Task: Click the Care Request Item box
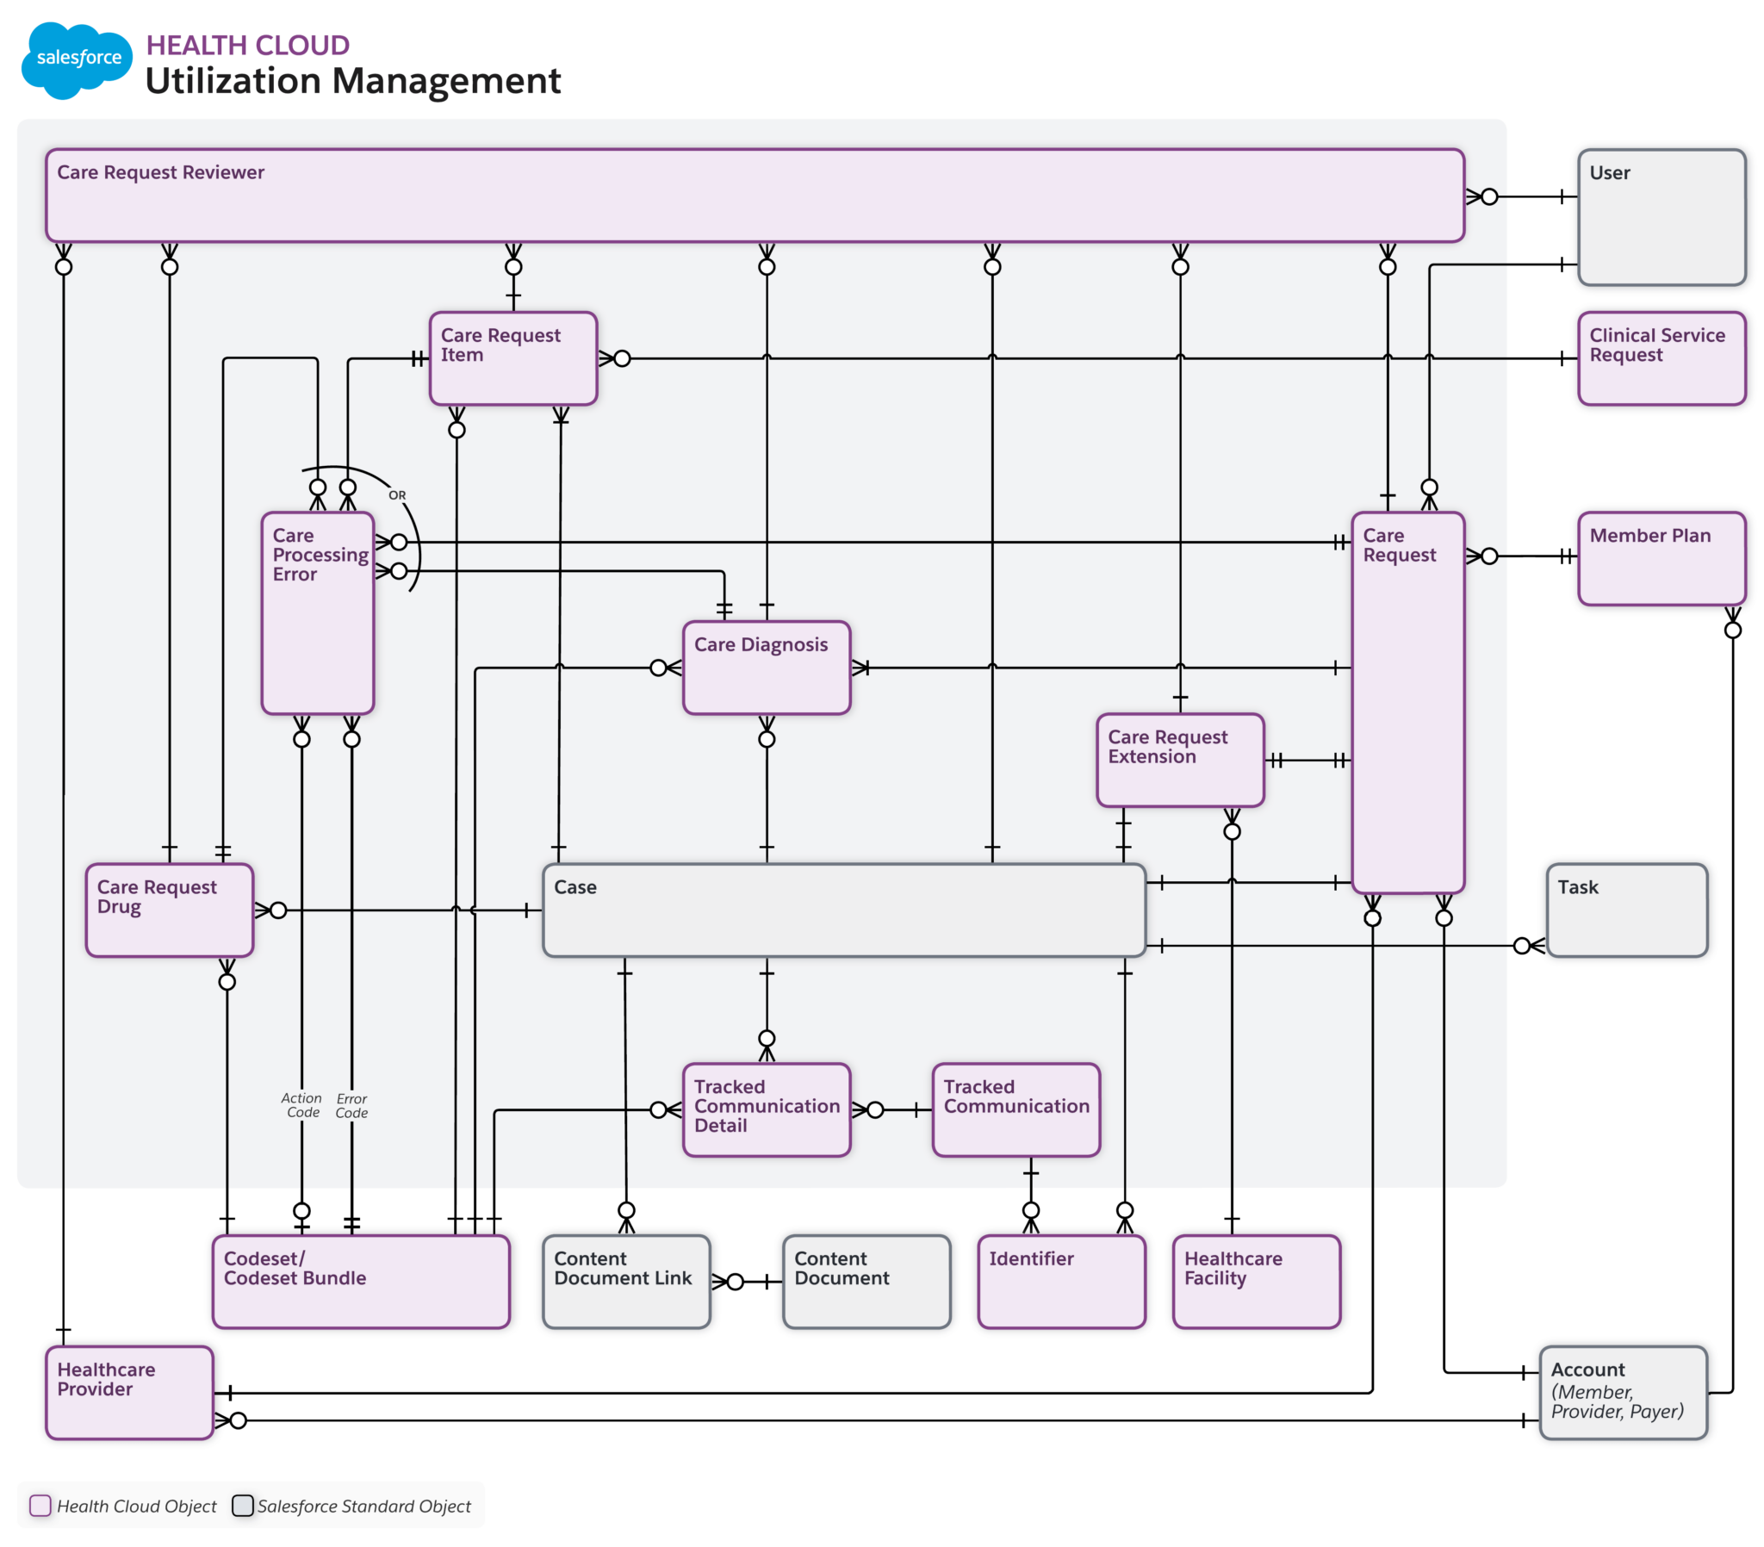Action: tap(512, 358)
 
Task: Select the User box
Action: tap(1661, 217)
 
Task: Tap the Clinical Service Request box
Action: tap(1661, 358)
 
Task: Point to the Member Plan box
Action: tap(1661, 557)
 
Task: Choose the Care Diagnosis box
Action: tap(766, 668)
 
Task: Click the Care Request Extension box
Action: tap(1179, 760)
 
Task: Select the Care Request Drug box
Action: tap(169, 910)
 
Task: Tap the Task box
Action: tap(1626, 910)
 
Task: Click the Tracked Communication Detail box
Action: tap(766, 1109)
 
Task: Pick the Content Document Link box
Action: tap(625, 1281)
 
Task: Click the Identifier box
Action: tap(1060, 1281)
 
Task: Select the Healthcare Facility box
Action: tap(1256, 1281)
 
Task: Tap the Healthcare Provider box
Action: tap(128, 1392)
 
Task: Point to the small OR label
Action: tap(397, 495)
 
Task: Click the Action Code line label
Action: tap(301, 1105)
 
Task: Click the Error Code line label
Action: tap(351, 1106)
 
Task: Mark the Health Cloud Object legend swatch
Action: tap(40, 1506)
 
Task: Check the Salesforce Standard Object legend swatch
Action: tap(243, 1506)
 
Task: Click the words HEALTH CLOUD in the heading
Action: tap(247, 45)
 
